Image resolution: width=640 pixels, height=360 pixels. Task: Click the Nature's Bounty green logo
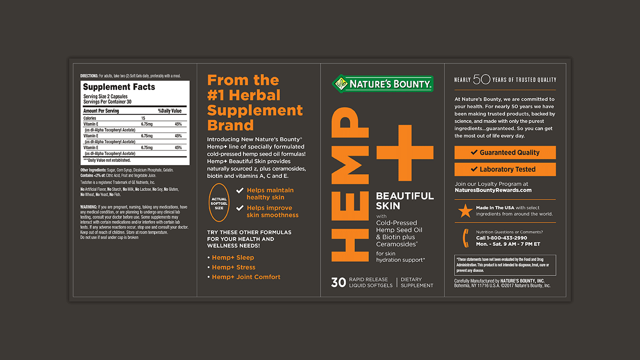[x=382, y=83]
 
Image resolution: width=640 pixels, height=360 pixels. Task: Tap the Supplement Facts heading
[x=119, y=87]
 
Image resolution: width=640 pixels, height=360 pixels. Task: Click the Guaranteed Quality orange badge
[x=505, y=152]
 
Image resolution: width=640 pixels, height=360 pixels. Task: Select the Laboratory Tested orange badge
[x=505, y=169]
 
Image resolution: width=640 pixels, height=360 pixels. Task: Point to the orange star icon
[x=465, y=211]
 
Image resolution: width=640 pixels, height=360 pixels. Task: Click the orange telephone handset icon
[x=465, y=238]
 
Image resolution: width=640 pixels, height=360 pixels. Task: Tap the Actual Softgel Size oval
[x=219, y=202]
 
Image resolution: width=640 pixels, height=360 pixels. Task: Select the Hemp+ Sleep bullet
[x=232, y=257]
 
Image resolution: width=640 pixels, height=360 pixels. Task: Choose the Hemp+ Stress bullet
[x=233, y=267]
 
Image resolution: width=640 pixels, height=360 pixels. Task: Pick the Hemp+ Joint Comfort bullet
[x=245, y=277]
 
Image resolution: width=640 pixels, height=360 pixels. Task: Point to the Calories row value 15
[x=143, y=118]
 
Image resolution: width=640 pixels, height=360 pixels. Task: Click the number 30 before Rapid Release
[x=338, y=282]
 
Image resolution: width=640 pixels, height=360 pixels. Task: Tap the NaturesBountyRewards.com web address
[x=493, y=190]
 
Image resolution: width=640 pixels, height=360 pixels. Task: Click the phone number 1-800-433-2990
[x=501, y=238]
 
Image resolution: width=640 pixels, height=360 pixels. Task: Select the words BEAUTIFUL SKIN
[x=404, y=200]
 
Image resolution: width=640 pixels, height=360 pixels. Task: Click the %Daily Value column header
[x=170, y=111]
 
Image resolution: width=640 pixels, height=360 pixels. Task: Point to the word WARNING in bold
[x=88, y=207]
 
